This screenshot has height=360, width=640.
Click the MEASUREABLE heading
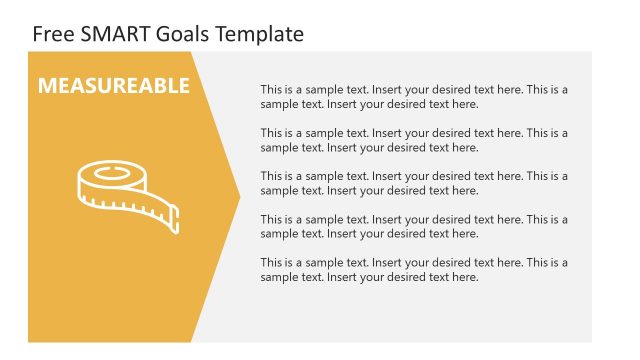(x=113, y=86)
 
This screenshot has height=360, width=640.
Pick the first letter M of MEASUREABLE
(x=46, y=86)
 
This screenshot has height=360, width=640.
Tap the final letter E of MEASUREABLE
(x=183, y=86)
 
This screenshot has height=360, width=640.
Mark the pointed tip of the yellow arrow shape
(x=239, y=196)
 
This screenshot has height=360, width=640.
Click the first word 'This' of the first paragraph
(x=272, y=90)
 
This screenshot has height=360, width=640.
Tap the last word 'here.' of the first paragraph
(x=465, y=104)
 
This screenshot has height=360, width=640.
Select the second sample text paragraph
(x=414, y=140)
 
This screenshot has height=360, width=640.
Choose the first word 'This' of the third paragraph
(x=272, y=176)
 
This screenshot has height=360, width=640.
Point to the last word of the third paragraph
(x=465, y=190)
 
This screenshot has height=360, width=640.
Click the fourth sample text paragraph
(x=414, y=226)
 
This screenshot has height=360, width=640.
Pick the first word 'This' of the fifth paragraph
(x=272, y=263)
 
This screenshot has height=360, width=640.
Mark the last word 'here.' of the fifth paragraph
(x=465, y=277)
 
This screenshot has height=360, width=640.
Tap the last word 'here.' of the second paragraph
(x=465, y=147)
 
